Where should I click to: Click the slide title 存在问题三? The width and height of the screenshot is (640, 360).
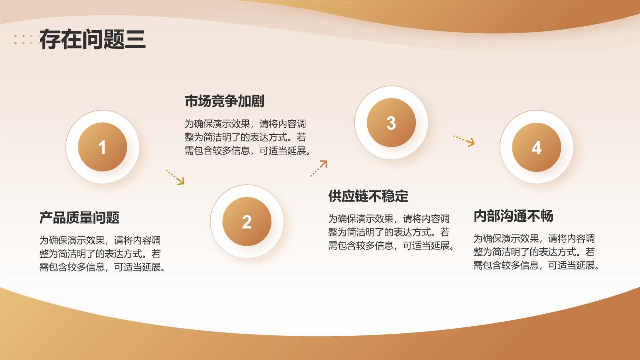point(92,40)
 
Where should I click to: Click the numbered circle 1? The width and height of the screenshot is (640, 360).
point(102,147)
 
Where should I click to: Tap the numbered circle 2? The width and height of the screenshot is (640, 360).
point(247,222)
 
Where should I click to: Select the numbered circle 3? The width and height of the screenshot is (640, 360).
point(391,123)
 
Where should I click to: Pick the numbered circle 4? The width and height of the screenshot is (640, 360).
point(536,147)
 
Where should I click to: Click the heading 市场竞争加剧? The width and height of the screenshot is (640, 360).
point(224,101)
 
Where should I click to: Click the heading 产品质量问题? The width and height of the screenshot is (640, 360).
point(79,218)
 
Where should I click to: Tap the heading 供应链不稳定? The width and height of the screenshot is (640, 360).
point(368,196)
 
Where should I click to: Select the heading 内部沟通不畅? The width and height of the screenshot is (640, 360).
point(513,216)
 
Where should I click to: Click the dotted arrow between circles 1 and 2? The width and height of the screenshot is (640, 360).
point(175,177)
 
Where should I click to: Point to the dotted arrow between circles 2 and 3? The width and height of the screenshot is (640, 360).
point(318,168)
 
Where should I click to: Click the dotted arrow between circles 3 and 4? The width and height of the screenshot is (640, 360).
point(464,140)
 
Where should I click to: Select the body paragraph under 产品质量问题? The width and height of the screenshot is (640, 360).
point(103,253)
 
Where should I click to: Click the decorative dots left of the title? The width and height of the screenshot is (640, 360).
point(26,40)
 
